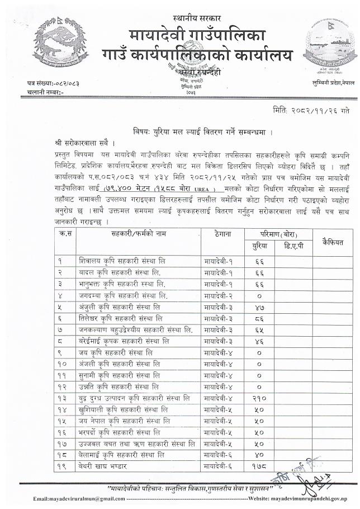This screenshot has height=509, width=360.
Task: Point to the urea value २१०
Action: pyautogui.click(x=259, y=398)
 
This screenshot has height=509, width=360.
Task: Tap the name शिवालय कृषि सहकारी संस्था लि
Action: pyautogui.click(x=121, y=261)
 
